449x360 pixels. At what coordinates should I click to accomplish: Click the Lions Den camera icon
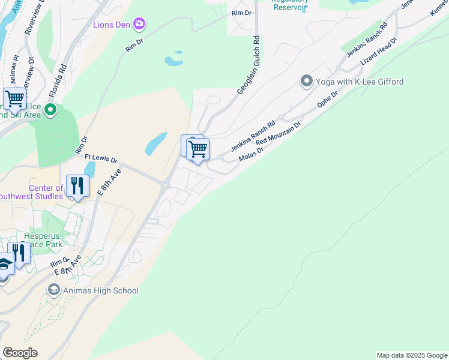pyautogui.click(x=140, y=24)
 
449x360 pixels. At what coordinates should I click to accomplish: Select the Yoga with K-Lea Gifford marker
pyautogui.click(x=306, y=81)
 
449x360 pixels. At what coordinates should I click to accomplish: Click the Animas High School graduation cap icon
pyautogui.click(x=53, y=290)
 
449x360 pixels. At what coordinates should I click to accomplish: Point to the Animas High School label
pyautogui.click(x=100, y=290)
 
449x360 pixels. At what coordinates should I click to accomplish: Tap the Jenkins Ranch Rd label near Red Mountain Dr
pyautogui.click(x=253, y=136)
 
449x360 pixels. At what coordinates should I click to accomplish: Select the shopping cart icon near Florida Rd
pyautogui.click(x=14, y=98)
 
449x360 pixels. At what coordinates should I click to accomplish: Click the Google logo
pyautogui.click(x=20, y=353)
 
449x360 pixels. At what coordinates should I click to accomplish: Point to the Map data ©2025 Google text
pyautogui.click(x=412, y=355)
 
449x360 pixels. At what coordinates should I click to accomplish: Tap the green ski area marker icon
pyautogui.click(x=50, y=110)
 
